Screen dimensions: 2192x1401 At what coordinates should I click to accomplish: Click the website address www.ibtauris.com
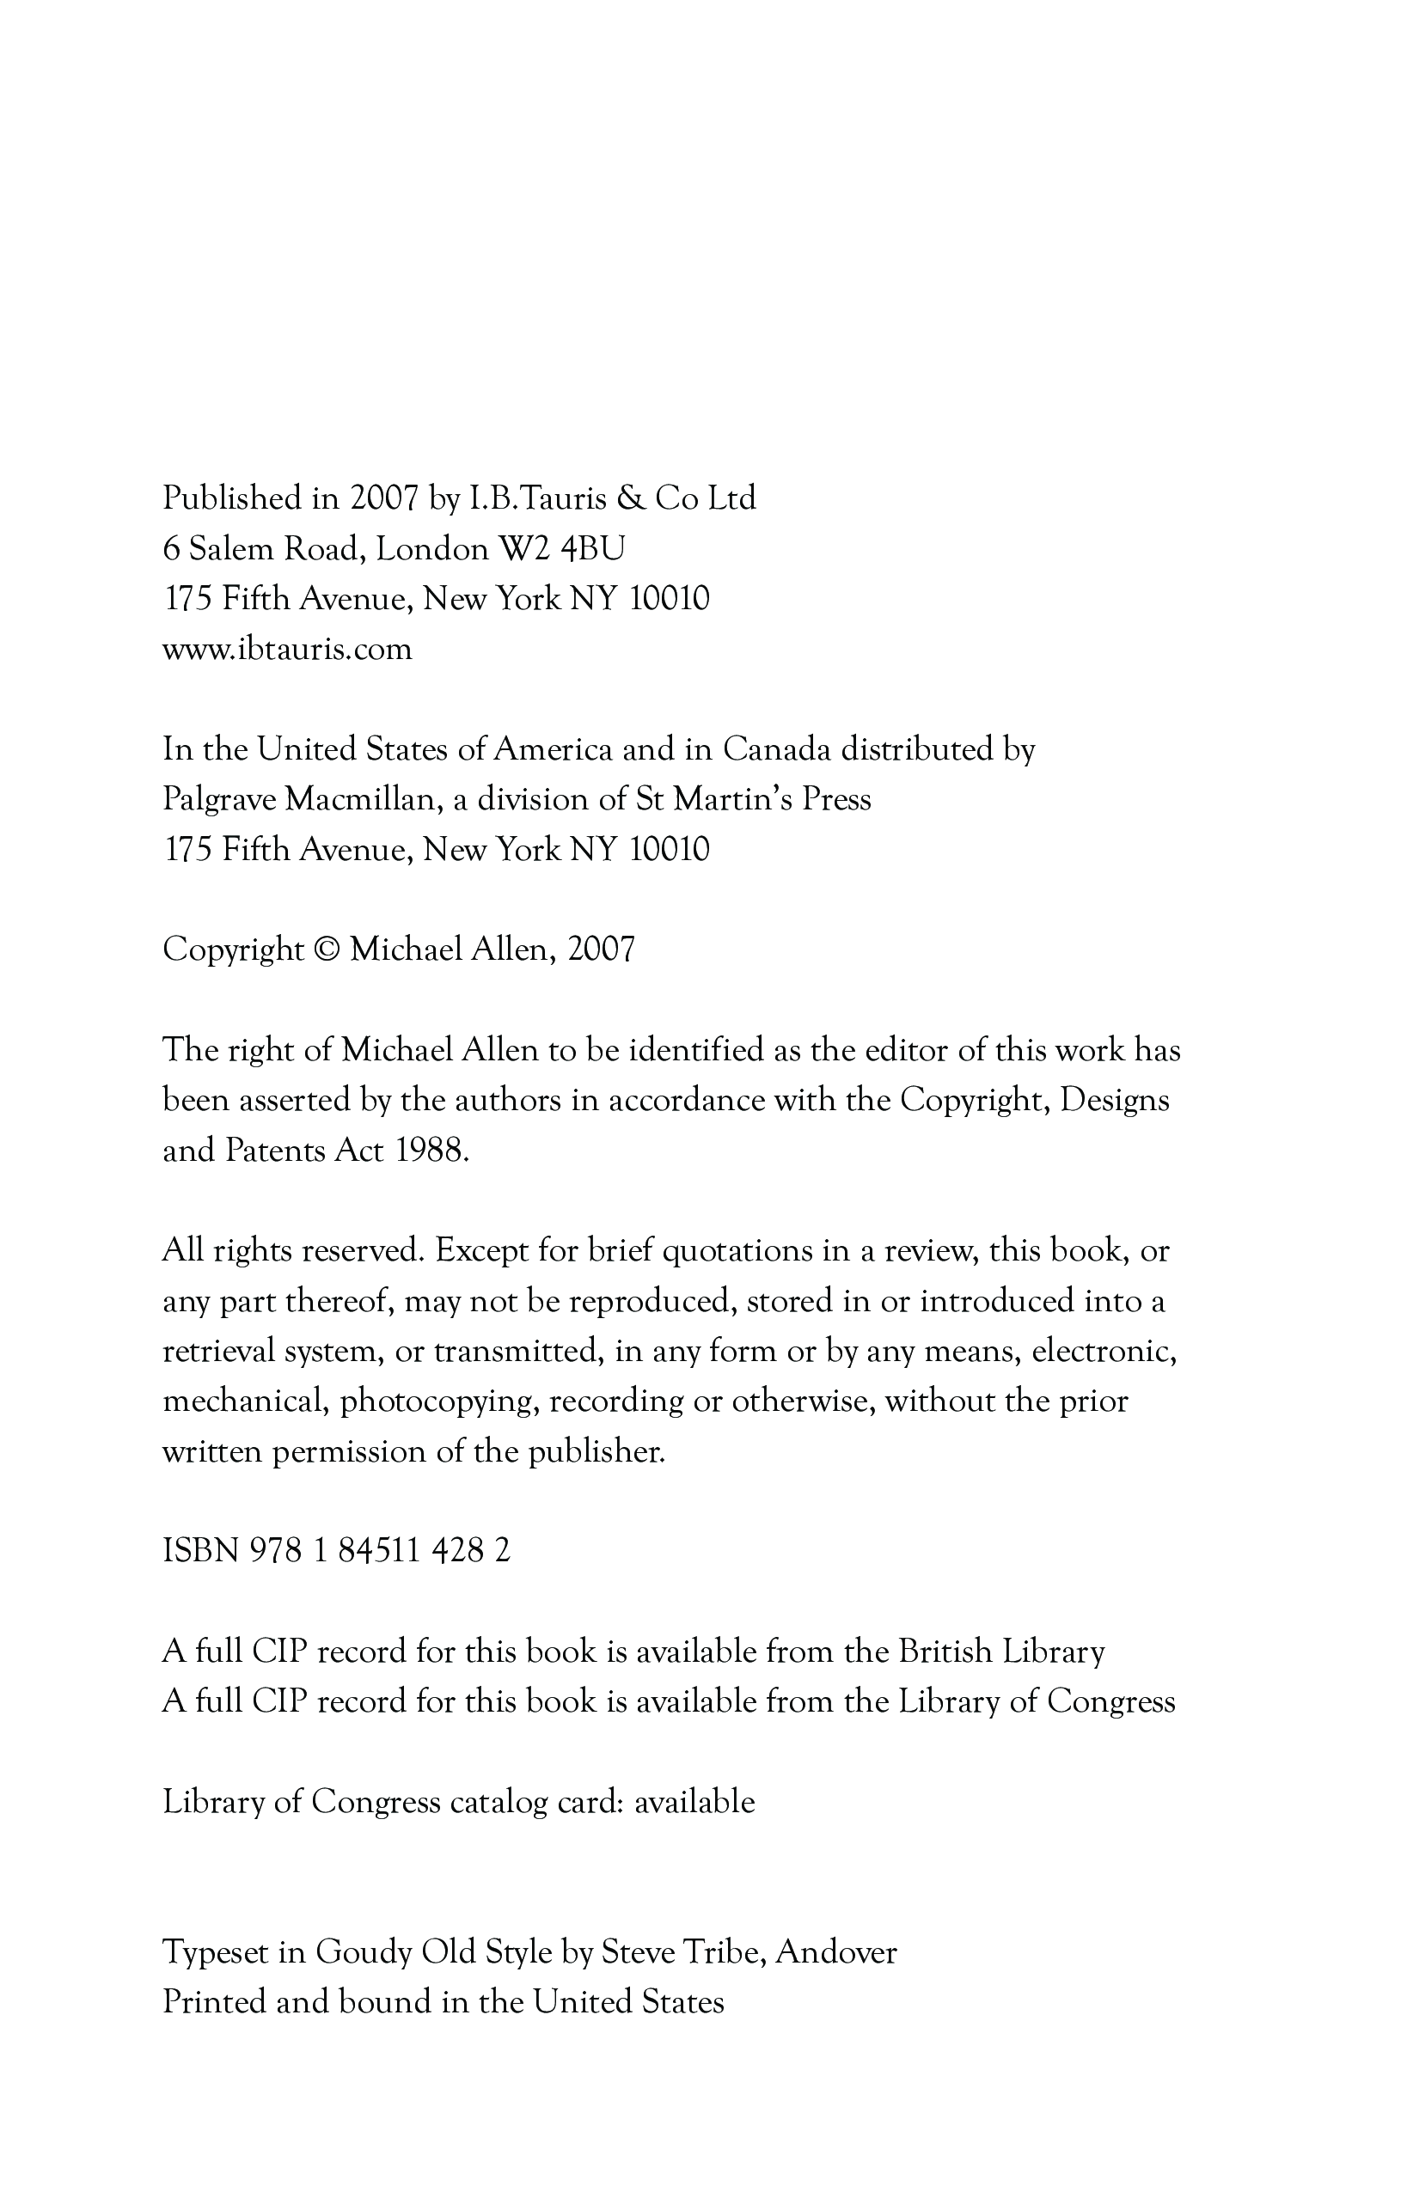[x=287, y=650]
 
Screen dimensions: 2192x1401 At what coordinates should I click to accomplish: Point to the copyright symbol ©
[x=326, y=949]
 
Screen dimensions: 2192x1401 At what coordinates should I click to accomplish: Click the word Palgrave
[x=218, y=800]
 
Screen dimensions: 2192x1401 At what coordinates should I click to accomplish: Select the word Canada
[x=776, y=749]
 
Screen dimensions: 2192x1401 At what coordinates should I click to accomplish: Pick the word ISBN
[x=200, y=1550]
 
